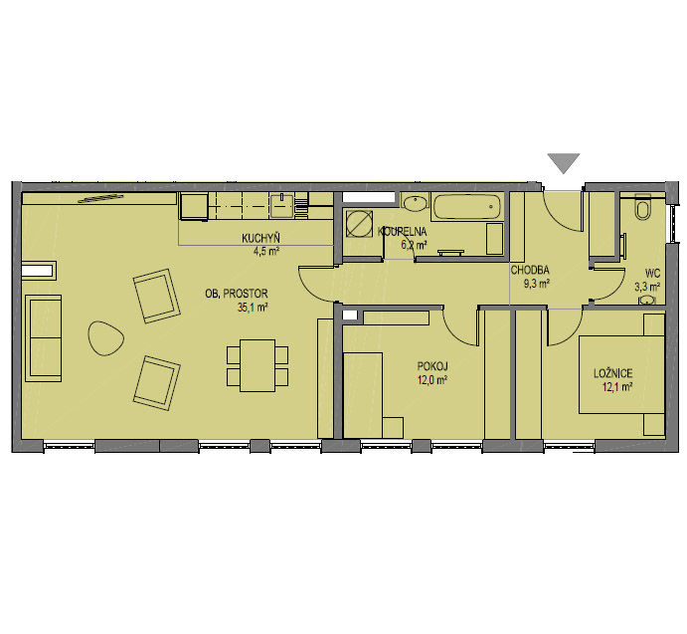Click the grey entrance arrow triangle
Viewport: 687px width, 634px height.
(x=564, y=163)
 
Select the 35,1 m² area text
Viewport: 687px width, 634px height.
(x=252, y=308)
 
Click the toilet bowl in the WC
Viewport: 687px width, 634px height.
(x=643, y=209)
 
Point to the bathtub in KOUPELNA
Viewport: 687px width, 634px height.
(x=466, y=206)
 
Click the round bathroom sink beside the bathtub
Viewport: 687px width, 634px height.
(x=414, y=204)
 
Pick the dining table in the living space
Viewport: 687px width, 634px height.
(x=258, y=365)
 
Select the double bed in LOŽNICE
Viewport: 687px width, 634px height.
(x=621, y=374)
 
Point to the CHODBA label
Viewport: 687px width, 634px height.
(x=530, y=271)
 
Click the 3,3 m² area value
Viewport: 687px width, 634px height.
(x=647, y=287)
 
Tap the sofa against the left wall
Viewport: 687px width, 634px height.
(x=44, y=337)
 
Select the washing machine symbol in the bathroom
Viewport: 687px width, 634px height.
(x=359, y=223)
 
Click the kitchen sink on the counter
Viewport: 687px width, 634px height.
(x=282, y=205)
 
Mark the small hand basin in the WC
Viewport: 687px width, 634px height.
(x=648, y=301)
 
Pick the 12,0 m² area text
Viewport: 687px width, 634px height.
(x=432, y=380)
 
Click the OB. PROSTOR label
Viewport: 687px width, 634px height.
(x=237, y=294)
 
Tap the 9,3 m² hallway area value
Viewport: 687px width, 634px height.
(x=537, y=284)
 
